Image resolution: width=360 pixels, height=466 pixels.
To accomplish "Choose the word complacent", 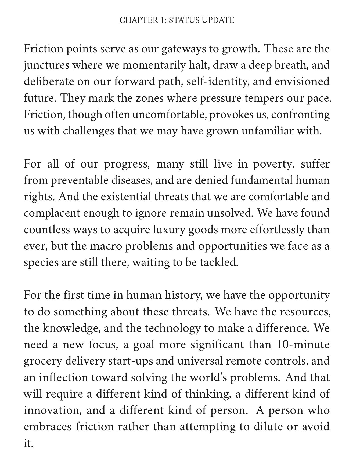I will click(51, 213).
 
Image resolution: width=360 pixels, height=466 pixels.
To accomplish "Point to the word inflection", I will click(63, 377).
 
